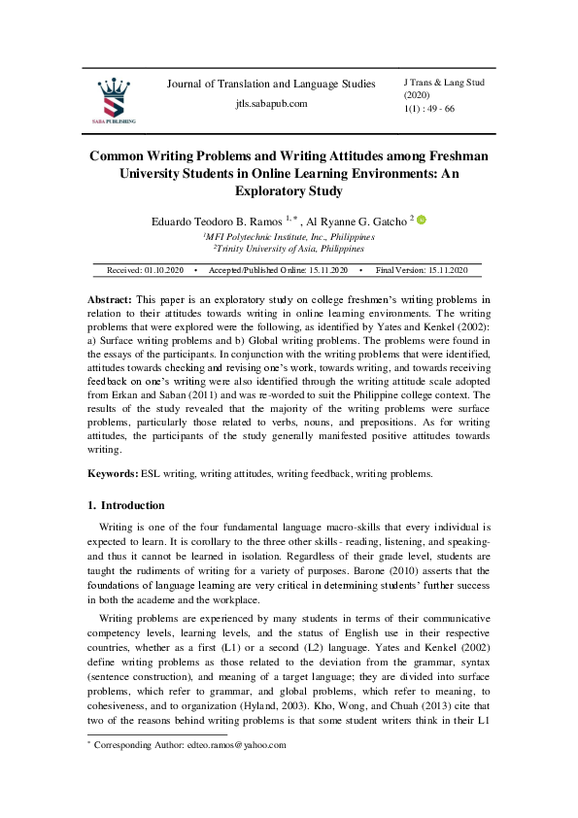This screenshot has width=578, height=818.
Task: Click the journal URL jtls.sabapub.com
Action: click(x=271, y=104)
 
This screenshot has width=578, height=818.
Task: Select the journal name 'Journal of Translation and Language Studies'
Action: click(x=271, y=85)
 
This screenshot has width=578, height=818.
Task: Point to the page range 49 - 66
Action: click(x=436, y=109)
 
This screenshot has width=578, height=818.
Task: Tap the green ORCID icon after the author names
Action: click(x=422, y=221)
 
